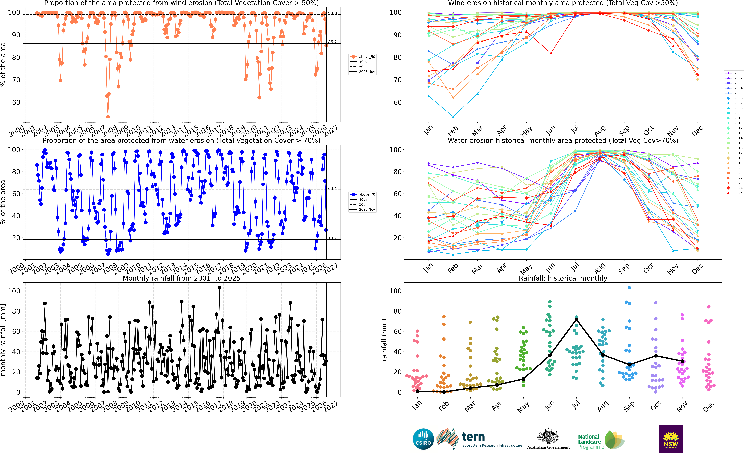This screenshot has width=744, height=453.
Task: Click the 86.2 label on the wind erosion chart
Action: [x=332, y=42]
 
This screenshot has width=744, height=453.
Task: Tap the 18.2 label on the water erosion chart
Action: [x=332, y=238]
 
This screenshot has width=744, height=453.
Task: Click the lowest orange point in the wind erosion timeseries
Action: [x=108, y=117]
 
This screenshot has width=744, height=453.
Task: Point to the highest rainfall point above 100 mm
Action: [x=219, y=288]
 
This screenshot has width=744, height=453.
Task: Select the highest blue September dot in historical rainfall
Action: [x=629, y=288]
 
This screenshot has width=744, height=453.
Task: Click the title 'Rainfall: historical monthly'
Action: [x=563, y=278]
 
